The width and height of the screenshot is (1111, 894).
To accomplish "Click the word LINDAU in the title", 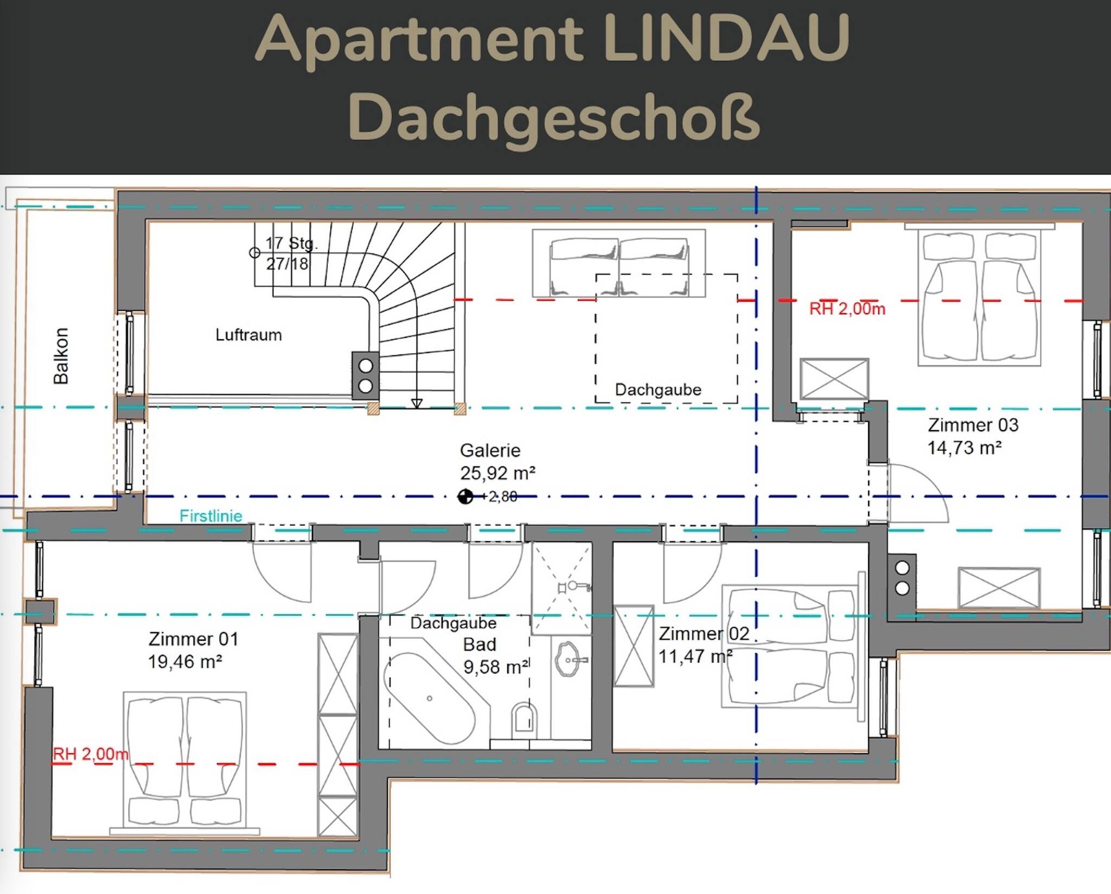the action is pos(726,38).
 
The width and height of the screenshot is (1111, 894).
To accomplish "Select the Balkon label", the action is pos(61,356).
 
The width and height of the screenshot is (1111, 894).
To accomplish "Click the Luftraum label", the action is pos(248,335).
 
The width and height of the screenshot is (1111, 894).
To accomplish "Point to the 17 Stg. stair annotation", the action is pos(291,243).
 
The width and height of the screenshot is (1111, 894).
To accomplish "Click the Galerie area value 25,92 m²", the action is pos(498,473).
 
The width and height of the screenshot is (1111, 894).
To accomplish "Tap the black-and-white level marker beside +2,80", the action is pos(465,496).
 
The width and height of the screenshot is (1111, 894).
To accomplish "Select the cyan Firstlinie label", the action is pos(211,516).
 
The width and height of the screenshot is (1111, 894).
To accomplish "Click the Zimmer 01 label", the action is pos(194,639).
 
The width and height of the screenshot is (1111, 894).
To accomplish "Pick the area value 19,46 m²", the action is pos(186,662).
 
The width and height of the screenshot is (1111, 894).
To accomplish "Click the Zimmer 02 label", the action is pos(704,634).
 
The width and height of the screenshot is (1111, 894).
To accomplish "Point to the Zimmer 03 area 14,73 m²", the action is pos(965,448).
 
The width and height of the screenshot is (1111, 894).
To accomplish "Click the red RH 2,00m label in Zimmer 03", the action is pos(847,309).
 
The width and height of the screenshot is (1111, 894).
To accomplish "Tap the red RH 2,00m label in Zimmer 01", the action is pos(91,754).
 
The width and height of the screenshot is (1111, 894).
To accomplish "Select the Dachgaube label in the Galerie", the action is pos(658,389).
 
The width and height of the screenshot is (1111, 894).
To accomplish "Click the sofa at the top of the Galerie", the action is pos(619,264).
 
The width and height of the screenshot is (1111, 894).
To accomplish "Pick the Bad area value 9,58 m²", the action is pos(496,667).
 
